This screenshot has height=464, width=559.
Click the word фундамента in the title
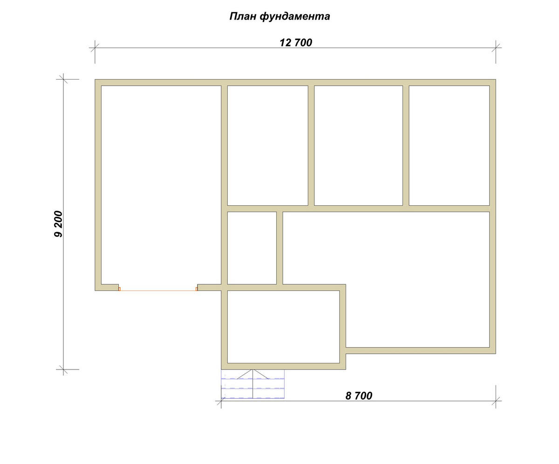click(x=295, y=17)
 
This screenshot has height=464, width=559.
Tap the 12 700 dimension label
click(x=295, y=42)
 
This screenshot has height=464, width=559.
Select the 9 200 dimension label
click(x=58, y=224)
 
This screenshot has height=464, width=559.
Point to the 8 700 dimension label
click(x=359, y=396)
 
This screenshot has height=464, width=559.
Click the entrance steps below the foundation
click(x=253, y=384)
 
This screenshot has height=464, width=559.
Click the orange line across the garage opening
click(x=158, y=291)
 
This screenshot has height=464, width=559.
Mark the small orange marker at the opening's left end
click(x=119, y=289)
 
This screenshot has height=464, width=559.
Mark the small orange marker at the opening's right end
click(x=197, y=289)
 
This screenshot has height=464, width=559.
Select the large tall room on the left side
click(x=161, y=185)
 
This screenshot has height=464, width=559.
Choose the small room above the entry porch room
click(x=252, y=248)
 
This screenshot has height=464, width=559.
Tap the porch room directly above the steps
click(x=284, y=327)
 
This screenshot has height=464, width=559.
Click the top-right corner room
click(x=449, y=146)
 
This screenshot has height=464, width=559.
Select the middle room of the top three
click(x=358, y=146)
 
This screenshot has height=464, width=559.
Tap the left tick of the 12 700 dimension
click(x=95, y=48)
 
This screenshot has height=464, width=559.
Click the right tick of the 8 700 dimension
click(x=496, y=401)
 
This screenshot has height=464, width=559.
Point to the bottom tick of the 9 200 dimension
click(x=63, y=370)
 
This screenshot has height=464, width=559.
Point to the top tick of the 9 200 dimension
click(x=63, y=79)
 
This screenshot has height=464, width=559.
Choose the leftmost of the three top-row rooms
click(x=268, y=146)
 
